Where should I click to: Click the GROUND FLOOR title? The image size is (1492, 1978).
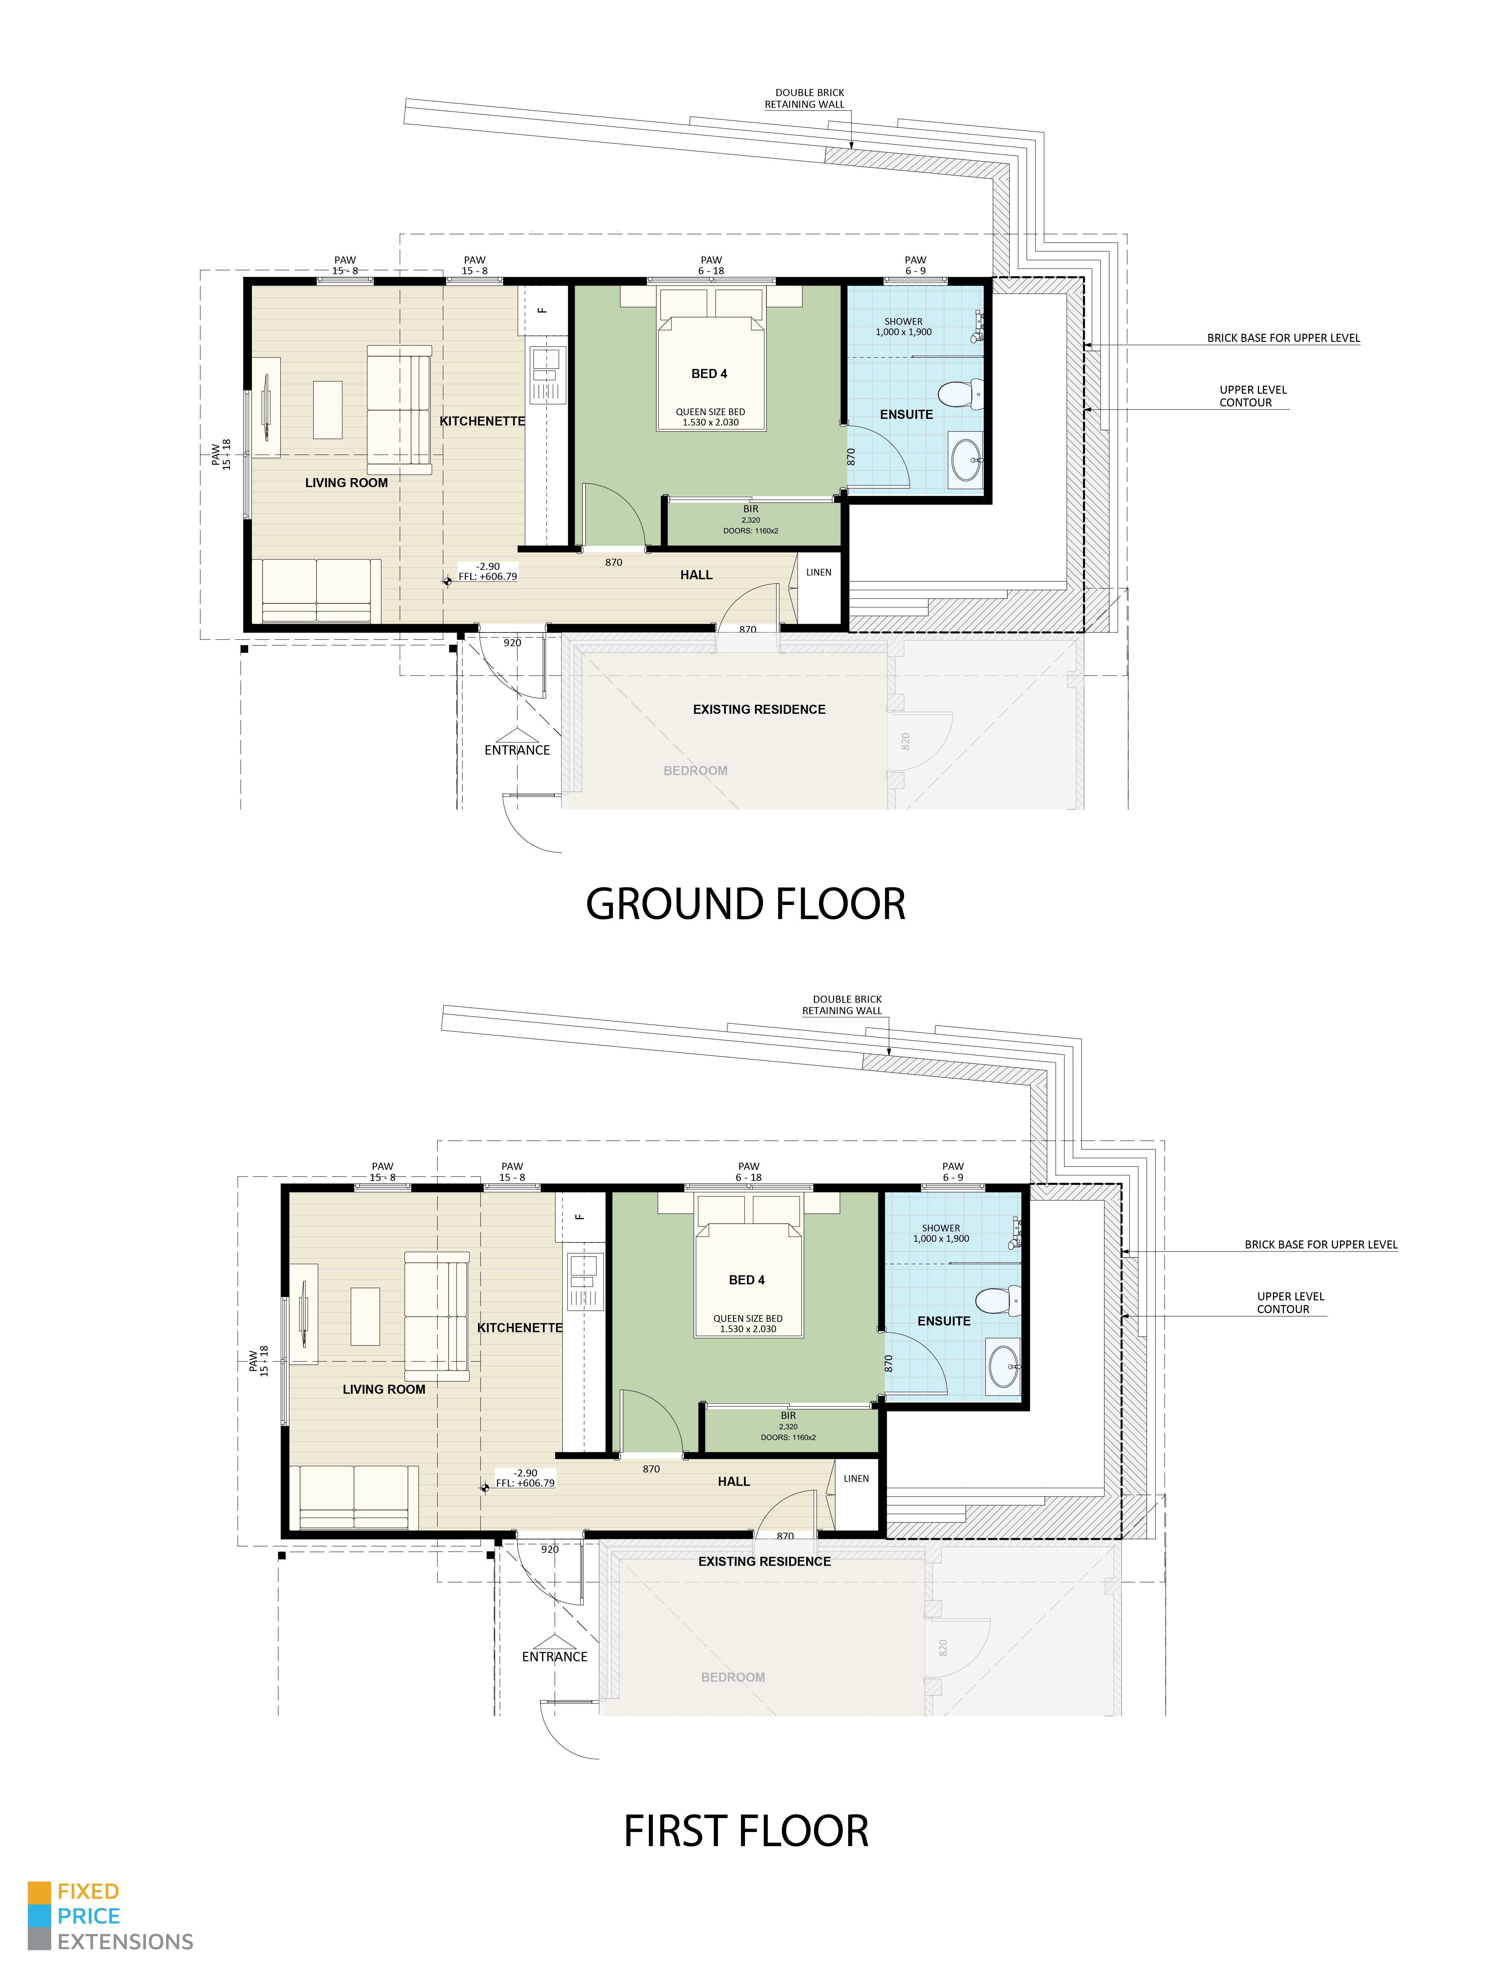click(745, 904)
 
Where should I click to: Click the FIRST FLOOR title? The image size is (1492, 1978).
click(745, 1830)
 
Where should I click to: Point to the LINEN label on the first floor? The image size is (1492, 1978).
click(856, 1478)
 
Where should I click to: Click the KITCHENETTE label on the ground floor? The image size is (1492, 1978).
click(482, 421)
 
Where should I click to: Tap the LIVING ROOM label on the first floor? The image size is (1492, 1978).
click(384, 1389)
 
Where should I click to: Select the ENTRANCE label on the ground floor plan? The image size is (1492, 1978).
click(517, 750)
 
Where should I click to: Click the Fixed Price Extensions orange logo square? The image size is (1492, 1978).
click(39, 1892)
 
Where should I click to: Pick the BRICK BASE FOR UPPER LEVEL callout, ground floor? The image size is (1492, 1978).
click(1283, 338)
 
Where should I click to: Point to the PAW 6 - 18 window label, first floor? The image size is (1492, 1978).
click(749, 1171)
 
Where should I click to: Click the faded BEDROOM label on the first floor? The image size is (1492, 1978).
click(733, 1678)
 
